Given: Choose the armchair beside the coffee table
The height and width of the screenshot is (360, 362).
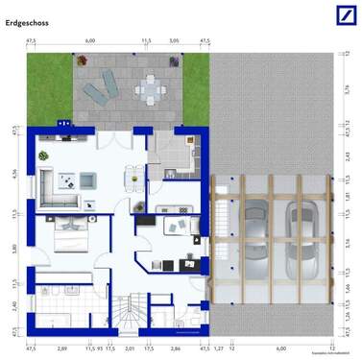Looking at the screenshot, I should (x=86, y=179).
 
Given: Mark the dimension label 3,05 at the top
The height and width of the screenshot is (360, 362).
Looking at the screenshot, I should (x=174, y=41).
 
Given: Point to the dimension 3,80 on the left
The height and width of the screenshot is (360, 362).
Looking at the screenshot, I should (x=13, y=249).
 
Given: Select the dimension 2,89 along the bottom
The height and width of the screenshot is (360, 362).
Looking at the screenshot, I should (x=61, y=351).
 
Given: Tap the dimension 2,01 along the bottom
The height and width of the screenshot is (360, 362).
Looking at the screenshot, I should (x=130, y=351).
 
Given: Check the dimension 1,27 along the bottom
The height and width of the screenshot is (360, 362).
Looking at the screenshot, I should (x=218, y=351).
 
